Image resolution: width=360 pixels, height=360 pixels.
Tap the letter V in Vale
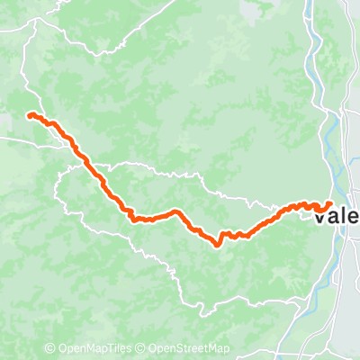pos(321,217)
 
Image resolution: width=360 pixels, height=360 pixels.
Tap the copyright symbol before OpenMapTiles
pos(51,349)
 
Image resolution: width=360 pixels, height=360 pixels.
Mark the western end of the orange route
pos(30,114)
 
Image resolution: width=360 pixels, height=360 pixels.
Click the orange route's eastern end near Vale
pos(330,203)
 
